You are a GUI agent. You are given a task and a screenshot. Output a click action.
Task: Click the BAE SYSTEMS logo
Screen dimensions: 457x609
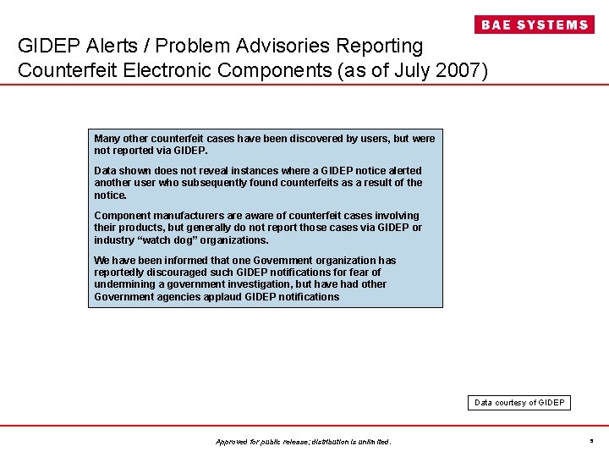tap(534, 25)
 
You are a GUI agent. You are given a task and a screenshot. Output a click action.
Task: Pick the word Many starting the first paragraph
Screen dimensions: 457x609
tap(107, 138)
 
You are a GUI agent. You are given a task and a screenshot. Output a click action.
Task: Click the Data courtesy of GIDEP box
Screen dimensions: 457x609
tap(519, 403)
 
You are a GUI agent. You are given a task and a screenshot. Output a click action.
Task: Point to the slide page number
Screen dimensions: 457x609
tap(590, 440)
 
